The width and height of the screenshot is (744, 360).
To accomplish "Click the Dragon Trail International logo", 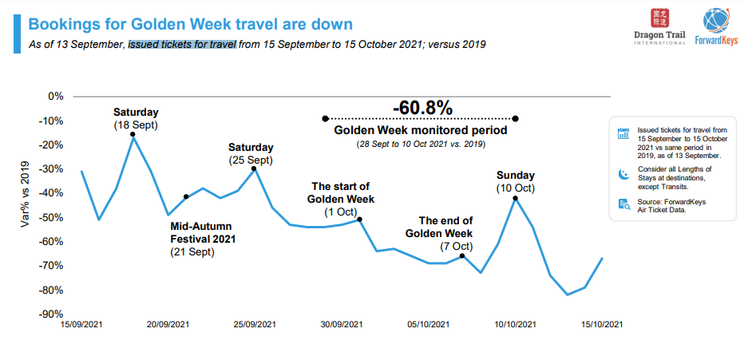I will (x=659, y=28).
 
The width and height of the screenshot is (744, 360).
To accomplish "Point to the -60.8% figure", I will (x=422, y=108).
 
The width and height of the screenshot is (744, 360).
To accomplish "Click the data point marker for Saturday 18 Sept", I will (x=133, y=136).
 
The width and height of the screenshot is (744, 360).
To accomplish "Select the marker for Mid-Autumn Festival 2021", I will (x=186, y=196).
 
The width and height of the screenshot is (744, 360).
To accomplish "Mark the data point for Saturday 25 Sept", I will (x=254, y=168).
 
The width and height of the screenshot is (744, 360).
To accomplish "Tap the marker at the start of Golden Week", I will (x=360, y=219).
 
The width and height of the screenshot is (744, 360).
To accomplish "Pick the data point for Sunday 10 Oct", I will (x=516, y=197).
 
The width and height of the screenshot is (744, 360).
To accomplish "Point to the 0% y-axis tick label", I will (x=55, y=96).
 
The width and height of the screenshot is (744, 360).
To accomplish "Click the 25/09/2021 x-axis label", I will (x=255, y=325).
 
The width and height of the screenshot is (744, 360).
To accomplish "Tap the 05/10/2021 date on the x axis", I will (x=429, y=325).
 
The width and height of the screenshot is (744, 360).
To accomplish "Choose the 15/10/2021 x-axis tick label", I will (x=602, y=325).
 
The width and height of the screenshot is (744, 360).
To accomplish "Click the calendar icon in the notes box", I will (x=623, y=134).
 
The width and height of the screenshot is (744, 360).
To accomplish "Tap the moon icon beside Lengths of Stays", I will (x=623, y=173).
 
